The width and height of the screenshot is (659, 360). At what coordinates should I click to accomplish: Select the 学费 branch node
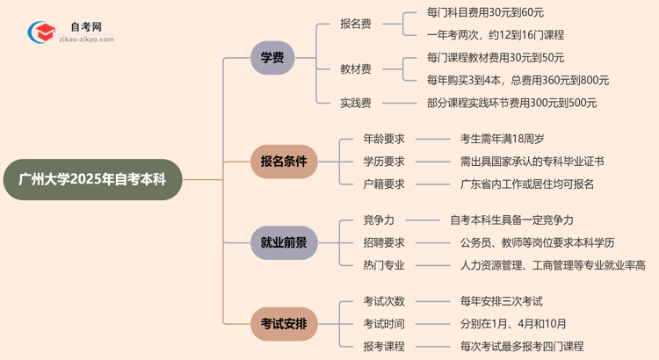coord(272,58)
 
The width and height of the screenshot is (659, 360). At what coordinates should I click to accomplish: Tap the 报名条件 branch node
coord(283,162)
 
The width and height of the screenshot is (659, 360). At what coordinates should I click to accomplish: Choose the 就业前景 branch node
coord(283,241)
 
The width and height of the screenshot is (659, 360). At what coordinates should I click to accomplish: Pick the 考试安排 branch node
coord(283,324)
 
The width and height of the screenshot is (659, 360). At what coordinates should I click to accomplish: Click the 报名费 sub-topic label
coord(356,24)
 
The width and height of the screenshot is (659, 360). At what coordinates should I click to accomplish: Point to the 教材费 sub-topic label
coord(356,68)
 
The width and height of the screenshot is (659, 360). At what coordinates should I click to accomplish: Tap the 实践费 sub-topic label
coord(356,103)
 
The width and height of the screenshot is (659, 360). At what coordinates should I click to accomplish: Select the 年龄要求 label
coord(384,139)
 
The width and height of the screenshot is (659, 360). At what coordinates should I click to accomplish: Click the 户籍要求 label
coord(384,184)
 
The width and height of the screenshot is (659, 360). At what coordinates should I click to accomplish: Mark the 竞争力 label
coord(379,220)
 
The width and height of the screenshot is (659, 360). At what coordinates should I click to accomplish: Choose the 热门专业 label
coord(384,265)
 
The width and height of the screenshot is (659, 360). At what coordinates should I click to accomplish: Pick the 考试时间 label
coord(384,323)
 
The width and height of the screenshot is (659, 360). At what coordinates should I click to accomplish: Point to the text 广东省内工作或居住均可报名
coord(526,184)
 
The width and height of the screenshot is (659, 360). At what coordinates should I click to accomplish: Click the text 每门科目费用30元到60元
coord(497,12)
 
